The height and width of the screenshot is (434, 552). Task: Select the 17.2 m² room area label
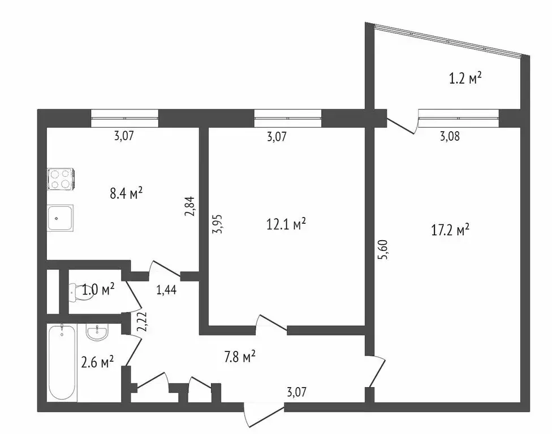pos(450,230)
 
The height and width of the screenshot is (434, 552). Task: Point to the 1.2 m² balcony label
pos(465,79)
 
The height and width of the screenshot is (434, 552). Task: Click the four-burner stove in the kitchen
pos(61,179)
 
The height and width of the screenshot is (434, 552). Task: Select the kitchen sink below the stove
pos(60,218)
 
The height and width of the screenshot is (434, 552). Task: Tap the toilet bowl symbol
pos(76,292)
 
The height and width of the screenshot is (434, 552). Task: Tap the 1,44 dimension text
pos(166,290)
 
